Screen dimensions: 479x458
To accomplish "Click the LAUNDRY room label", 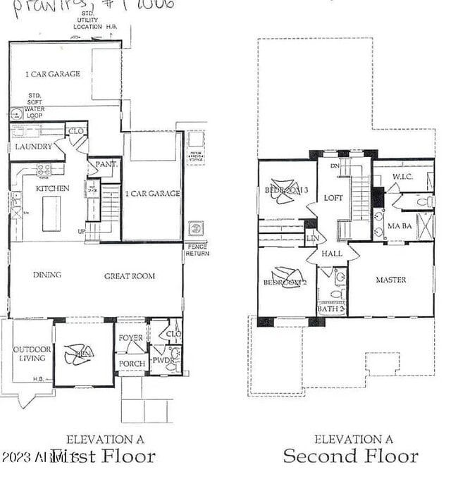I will click(x=34, y=147).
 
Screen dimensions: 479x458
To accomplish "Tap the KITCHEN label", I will click(x=53, y=188).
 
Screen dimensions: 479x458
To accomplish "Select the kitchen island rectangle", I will click(x=51, y=214).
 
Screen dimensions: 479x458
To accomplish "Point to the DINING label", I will click(x=47, y=275).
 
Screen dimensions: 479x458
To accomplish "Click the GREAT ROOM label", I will click(x=130, y=276).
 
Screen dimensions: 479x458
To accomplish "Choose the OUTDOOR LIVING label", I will click(x=29, y=354).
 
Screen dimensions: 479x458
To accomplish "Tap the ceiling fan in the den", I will click(x=78, y=354).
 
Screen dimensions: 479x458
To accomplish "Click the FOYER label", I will click(x=130, y=338).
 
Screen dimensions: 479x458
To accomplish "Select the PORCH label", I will click(x=132, y=363).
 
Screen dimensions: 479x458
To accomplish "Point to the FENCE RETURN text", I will click(x=196, y=251).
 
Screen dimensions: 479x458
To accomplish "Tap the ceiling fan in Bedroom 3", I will click(x=285, y=192).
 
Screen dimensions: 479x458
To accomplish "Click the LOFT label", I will click(x=333, y=198).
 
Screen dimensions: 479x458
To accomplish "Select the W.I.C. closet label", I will click(x=402, y=177).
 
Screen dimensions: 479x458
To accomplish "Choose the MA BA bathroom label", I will click(x=399, y=226).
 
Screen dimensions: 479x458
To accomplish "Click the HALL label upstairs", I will click(x=331, y=254).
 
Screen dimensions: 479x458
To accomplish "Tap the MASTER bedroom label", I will click(x=390, y=280).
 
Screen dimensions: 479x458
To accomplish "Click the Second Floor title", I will click(x=350, y=456).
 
